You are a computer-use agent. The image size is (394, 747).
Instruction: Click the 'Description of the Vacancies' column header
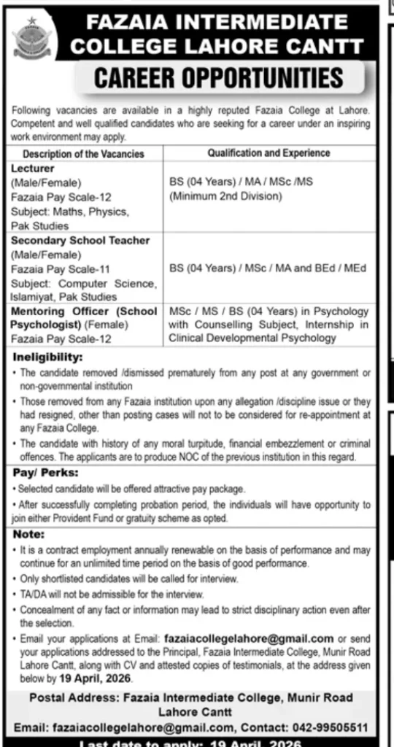(x=83, y=154)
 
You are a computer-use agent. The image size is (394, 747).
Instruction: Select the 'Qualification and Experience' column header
(x=269, y=153)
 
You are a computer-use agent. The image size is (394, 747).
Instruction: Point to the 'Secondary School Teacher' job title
(x=80, y=240)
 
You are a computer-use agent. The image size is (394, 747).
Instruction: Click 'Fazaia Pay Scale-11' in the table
(x=60, y=268)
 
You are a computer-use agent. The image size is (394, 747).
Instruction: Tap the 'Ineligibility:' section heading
(x=45, y=358)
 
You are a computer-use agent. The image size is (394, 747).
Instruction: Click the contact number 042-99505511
(x=337, y=727)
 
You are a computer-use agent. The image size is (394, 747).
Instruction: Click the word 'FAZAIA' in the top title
(x=128, y=25)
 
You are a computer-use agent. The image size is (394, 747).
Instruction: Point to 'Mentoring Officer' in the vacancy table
(x=58, y=311)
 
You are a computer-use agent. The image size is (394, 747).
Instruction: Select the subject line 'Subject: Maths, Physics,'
(x=69, y=212)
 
